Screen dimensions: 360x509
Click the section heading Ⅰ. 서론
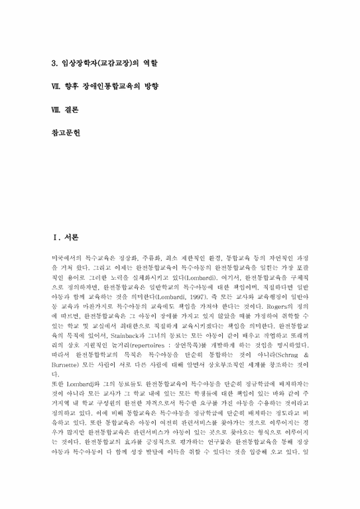pyautogui.click(x=66, y=237)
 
